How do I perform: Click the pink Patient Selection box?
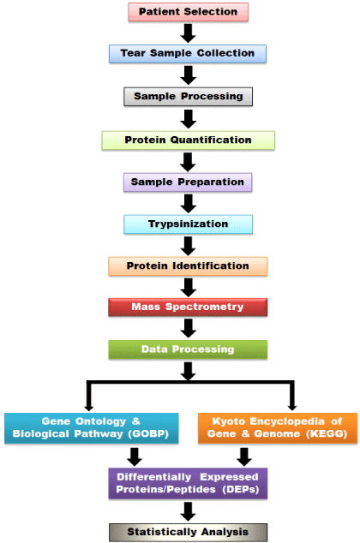(188, 12)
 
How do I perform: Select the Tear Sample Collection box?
(188, 54)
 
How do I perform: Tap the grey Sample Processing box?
(188, 97)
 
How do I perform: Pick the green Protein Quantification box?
(188, 140)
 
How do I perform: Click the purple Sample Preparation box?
(188, 182)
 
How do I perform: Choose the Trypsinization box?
(188, 224)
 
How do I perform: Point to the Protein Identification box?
(188, 266)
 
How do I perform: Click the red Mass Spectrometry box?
(188, 307)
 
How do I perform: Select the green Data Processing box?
(188, 349)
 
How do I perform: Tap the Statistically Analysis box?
(188, 532)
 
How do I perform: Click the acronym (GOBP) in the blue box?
(148, 434)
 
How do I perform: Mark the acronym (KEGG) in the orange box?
(327, 434)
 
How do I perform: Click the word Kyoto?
(229, 421)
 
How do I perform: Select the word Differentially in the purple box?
(153, 477)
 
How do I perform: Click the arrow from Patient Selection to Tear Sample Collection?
(188, 33)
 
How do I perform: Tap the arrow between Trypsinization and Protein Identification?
(188, 246)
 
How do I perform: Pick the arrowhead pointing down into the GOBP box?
(88, 407)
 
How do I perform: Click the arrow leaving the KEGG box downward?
(244, 456)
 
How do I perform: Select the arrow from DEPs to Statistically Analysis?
(188, 511)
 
